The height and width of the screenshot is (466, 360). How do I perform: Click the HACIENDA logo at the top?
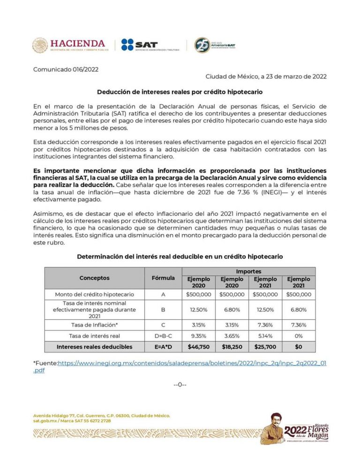tap(70, 45)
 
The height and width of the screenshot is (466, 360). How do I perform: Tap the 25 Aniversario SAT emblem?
tap(215, 45)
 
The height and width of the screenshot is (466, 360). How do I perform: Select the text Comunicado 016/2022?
tap(66, 70)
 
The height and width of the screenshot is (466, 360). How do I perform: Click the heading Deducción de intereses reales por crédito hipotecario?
tap(180, 92)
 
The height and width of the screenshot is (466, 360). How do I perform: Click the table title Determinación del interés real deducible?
tap(180, 257)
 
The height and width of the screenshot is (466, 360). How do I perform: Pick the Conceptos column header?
tap(94, 278)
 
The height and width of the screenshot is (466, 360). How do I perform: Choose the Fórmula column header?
tap(163, 278)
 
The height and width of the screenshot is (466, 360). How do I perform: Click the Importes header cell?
tap(248, 271)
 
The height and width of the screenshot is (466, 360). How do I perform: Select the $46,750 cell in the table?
tap(199, 347)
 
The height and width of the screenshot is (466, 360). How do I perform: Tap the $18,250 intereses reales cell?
tap(232, 347)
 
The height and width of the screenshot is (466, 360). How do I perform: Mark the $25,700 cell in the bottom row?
tap(265, 347)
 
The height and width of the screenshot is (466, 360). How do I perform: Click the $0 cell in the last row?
tap(299, 347)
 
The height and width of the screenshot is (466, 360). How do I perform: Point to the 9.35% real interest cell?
tap(199, 336)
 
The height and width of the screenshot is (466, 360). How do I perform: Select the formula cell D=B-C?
tap(163, 336)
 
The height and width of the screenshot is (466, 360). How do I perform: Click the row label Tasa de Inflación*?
tap(94, 325)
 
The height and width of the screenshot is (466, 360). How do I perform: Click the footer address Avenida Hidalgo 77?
tap(101, 415)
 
